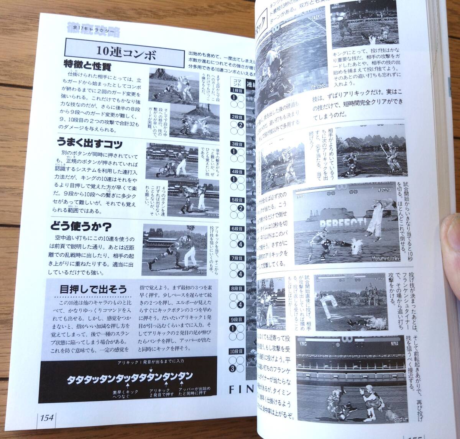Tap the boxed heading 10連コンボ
[x=126, y=53]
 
